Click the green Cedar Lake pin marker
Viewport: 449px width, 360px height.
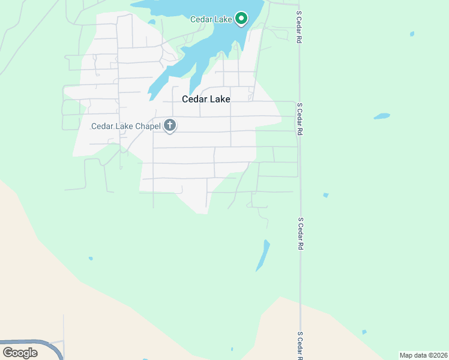click(x=241, y=19)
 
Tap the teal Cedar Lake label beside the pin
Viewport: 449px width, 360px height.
click(x=211, y=19)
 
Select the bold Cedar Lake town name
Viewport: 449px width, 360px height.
click(x=206, y=100)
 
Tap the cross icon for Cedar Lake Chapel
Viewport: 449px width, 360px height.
click(x=170, y=125)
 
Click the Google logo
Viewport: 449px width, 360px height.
click(x=20, y=353)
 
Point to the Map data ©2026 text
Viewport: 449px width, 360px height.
click(x=423, y=355)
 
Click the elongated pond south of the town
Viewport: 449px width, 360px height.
click(x=263, y=256)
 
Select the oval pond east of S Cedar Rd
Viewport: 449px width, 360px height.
click(x=381, y=116)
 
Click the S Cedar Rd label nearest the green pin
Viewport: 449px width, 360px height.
click(x=298, y=26)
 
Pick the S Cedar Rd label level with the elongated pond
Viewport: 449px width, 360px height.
click(x=300, y=234)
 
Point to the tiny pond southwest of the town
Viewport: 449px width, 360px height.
click(x=91, y=259)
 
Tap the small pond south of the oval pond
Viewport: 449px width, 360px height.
click(x=325, y=195)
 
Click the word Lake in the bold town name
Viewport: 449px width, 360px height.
click(x=220, y=100)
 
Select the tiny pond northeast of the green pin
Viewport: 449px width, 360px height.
click(x=411, y=34)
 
